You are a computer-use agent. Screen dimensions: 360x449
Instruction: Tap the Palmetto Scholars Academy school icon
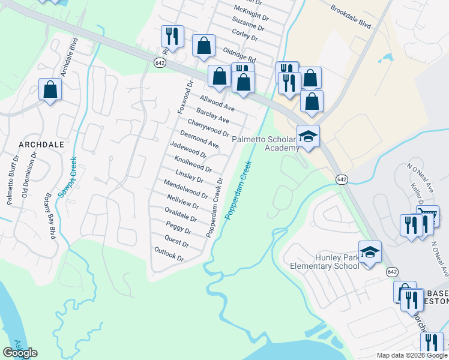[x=309, y=136]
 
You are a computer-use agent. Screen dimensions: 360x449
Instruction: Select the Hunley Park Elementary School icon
[x=370, y=251]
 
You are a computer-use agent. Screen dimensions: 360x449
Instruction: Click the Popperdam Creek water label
[x=238, y=189]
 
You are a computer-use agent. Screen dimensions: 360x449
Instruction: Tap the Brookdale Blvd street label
[x=351, y=17]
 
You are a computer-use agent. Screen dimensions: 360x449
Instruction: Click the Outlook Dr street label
[x=168, y=254]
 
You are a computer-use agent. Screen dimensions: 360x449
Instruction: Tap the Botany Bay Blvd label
[x=50, y=216]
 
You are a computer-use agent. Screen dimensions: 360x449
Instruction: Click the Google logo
[x=20, y=352]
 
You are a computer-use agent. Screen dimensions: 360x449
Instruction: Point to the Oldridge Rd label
[x=239, y=56]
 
